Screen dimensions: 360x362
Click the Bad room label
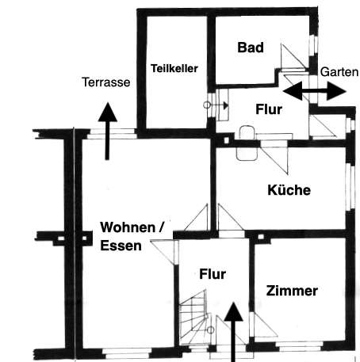coord(251,48)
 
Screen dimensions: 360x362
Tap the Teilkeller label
coord(174,68)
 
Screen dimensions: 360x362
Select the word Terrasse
coord(106,82)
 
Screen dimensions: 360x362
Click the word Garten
coord(339,72)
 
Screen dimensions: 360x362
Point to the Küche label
coord(289,190)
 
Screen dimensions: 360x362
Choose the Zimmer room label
coord(292,291)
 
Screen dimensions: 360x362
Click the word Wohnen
coord(128,227)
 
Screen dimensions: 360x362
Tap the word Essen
coord(121,246)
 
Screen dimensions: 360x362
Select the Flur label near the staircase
coord(213,274)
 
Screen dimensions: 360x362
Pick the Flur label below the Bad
coord(269,109)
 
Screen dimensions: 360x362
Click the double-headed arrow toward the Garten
coord(315,91)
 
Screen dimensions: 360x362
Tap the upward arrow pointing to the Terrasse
coord(107,131)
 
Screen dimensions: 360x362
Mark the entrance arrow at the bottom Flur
coord(233,332)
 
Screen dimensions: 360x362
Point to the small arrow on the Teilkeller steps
coord(216,105)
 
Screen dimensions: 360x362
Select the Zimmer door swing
coord(263,326)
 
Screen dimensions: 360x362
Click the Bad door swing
coord(293,56)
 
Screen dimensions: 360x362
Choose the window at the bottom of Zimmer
coord(299,345)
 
